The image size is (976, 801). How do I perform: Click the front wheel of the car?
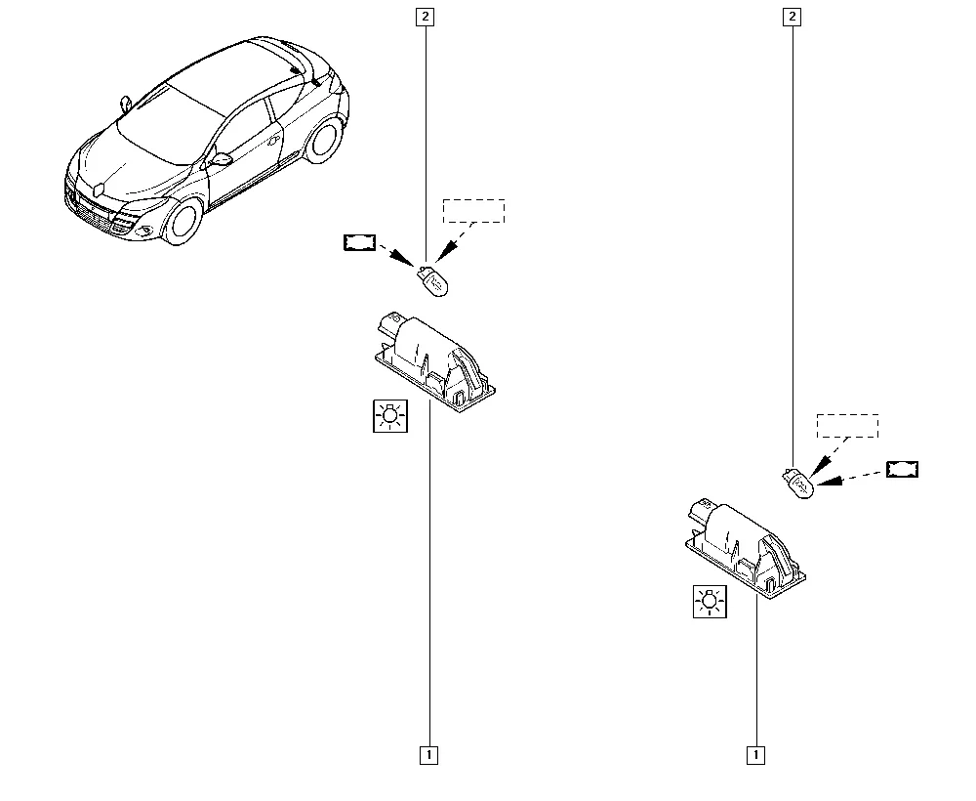point(181,222)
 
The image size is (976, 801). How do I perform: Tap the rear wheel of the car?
point(324,140)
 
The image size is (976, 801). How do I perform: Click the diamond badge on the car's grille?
point(99,189)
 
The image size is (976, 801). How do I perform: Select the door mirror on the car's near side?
point(220,159)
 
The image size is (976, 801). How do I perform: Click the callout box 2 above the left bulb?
point(426,17)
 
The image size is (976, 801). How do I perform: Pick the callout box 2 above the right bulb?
point(792,17)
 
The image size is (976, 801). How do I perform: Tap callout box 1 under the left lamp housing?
point(428,755)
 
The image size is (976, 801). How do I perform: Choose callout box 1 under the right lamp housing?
point(755,755)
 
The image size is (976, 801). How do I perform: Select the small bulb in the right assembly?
point(798,484)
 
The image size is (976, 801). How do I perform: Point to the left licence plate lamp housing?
point(435,361)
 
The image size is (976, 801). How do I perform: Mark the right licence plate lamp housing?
point(745,547)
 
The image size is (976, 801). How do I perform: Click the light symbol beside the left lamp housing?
point(390,416)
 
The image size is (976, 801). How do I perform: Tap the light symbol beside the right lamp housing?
point(711,602)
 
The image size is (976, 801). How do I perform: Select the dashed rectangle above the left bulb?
point(473,211)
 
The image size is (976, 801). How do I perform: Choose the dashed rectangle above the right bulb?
point(848,426)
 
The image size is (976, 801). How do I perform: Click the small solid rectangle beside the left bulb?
point(360,242)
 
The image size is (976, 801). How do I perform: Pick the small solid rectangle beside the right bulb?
point(903,469)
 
